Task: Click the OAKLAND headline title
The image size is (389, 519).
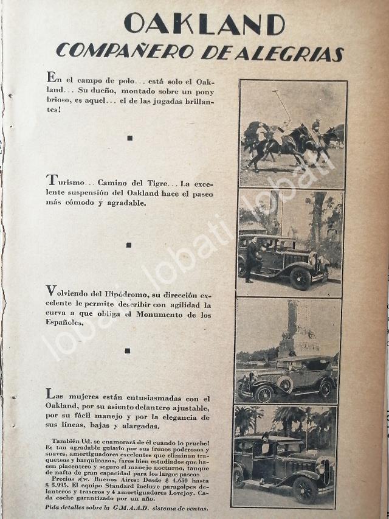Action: coord(204,24)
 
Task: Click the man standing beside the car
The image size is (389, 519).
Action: coord(251,259)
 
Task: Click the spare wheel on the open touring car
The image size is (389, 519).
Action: coord(284,385)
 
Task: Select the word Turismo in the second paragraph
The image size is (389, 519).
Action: coord(67,181)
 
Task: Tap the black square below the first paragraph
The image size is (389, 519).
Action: coord(129,138)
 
